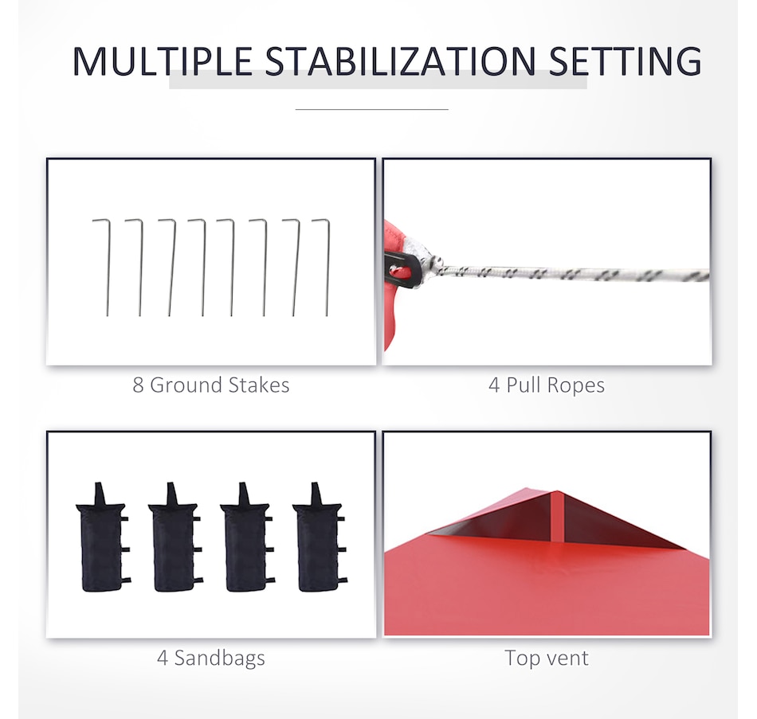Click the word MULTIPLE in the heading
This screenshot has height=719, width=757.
163,61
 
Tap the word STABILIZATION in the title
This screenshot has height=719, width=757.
400,61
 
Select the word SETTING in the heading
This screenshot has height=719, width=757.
626,61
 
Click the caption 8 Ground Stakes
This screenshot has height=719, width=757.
211,385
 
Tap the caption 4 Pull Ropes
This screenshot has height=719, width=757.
547,385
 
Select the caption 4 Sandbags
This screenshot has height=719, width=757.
211,658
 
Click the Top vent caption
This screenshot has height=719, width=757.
547,658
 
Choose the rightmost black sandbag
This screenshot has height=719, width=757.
320,537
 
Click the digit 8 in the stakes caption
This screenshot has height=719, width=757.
138,385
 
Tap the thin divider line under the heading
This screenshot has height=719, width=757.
372,110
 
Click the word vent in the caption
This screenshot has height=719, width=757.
566,658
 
